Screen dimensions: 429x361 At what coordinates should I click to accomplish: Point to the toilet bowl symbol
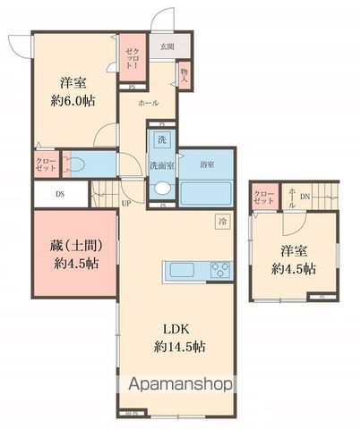(x=76, y=165)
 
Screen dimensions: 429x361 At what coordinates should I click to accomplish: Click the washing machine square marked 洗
(x=162, y=140)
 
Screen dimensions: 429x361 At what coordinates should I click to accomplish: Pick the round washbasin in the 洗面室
(x=162, y=189)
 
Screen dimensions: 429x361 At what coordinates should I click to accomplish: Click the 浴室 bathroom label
(x=207, y=164)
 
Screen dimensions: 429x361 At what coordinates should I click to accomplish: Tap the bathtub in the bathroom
(x=207, y=191)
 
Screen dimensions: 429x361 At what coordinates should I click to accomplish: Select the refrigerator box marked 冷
(x=221, y=220)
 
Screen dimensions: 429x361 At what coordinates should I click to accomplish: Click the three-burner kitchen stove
(x=220, y=271)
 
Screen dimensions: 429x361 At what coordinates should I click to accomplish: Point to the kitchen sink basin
(x=177, y=271)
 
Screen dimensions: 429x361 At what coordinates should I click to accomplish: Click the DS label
(x=59, y=192)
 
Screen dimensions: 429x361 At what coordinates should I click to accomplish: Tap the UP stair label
(x=127, y=202)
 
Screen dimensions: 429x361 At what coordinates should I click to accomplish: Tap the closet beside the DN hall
(x=263, y=197)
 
